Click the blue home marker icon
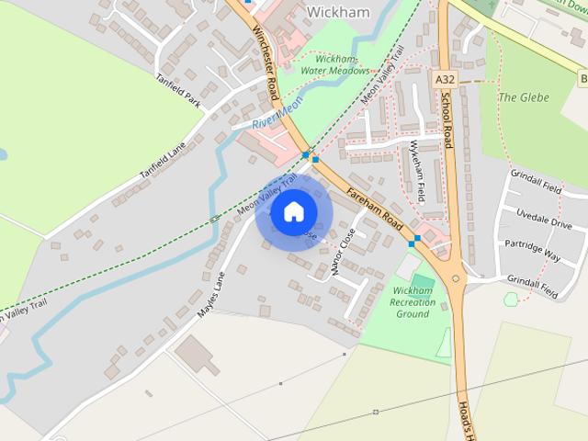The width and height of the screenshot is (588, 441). (293, 212)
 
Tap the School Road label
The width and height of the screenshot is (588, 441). (447, 120)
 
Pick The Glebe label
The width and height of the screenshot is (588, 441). (523, 97)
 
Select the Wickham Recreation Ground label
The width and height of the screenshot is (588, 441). (413, 301)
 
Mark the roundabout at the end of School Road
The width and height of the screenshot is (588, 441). (457, 277)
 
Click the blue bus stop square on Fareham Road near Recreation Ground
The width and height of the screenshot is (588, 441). (416, 240)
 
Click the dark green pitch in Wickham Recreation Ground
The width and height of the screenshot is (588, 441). (422, 280)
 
